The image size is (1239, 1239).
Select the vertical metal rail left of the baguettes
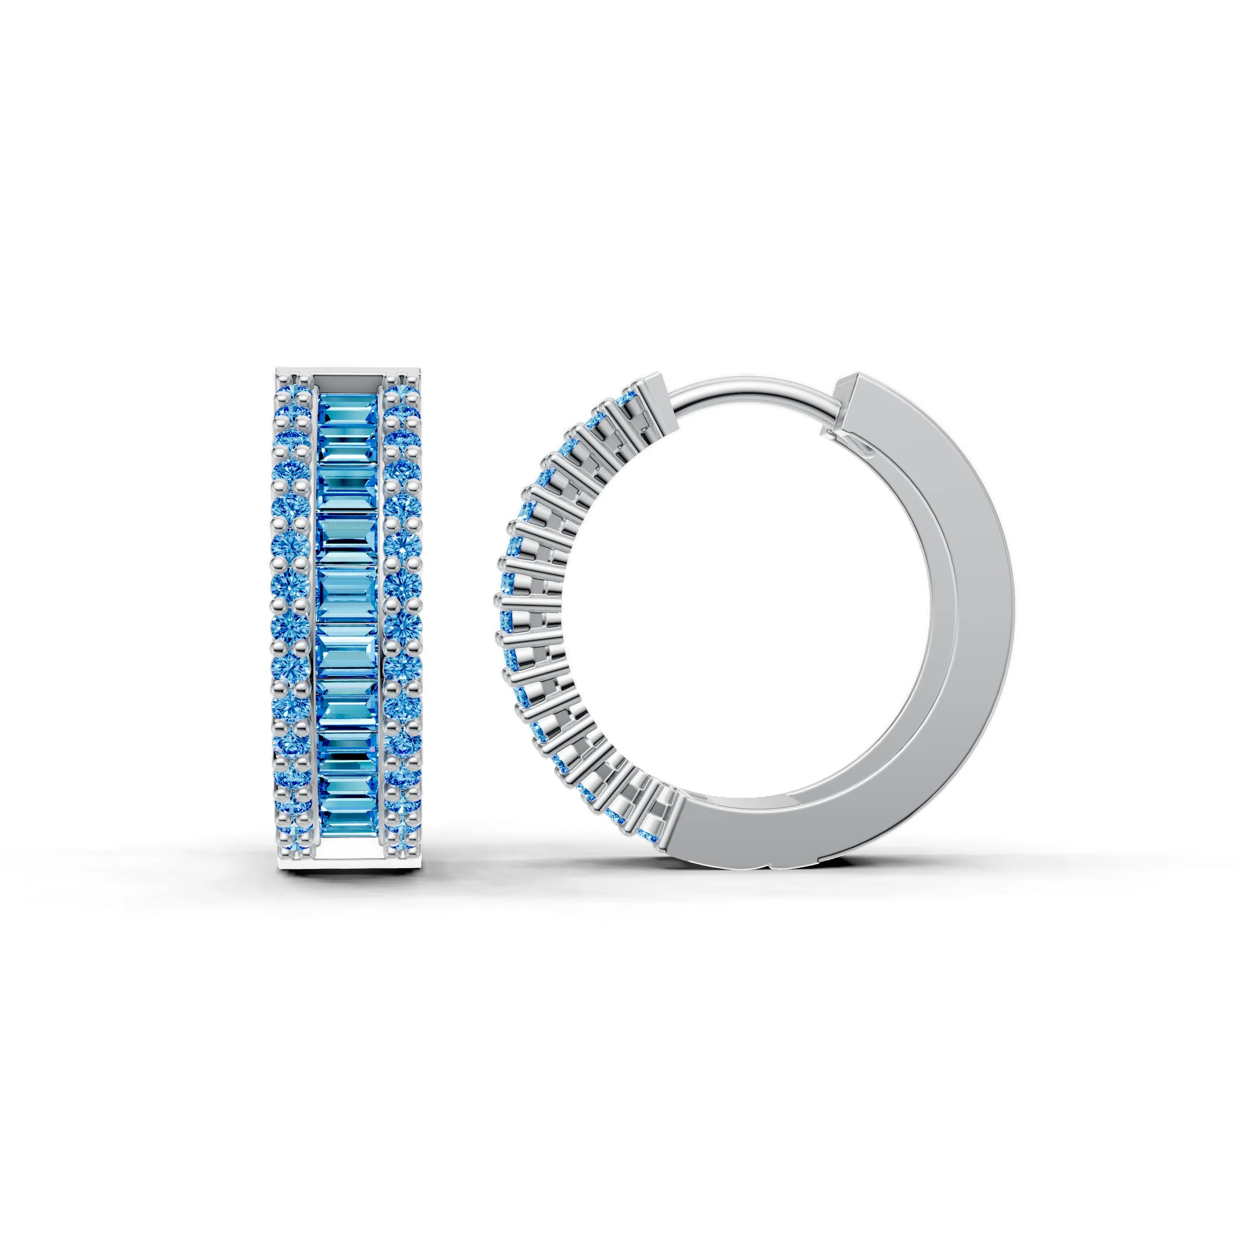(x=315, y=616)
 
